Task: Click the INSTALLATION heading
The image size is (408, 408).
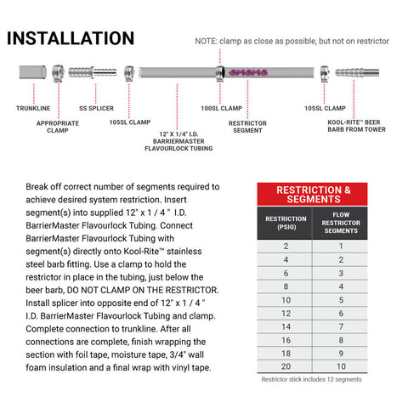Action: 71,38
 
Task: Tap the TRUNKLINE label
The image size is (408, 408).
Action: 33,108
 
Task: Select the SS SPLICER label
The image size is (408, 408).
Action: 96,108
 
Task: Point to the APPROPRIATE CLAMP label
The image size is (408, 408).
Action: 58,127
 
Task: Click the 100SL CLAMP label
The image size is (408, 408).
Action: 222,108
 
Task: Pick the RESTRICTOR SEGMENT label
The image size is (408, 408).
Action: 247,127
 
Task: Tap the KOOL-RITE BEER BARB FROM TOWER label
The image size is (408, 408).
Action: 356,126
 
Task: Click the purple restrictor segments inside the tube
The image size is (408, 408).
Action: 248,72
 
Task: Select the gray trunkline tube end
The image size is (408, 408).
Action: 33,72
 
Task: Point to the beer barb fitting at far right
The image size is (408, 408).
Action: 357,72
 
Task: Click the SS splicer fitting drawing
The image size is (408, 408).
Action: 93,72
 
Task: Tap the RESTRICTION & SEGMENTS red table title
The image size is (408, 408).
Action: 312,195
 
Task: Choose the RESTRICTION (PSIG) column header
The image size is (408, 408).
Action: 286,223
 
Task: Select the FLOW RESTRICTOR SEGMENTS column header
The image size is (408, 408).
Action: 341,223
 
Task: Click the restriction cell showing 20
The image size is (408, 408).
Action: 286,366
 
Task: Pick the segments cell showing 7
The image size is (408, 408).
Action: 341,326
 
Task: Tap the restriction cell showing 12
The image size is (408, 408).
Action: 286,313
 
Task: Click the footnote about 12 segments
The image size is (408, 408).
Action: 311,379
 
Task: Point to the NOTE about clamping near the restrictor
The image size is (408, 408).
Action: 292,41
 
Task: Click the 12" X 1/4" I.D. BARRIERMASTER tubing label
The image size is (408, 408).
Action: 178,141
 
